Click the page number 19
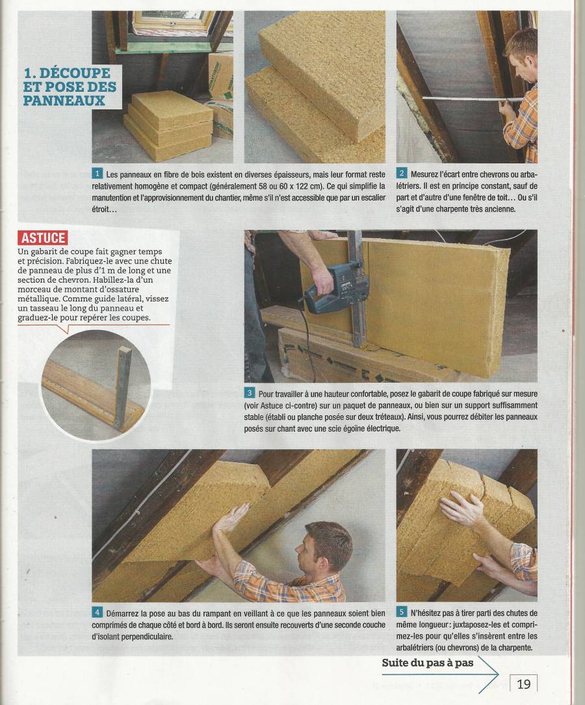coord(523,684)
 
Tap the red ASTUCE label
coord(43,238)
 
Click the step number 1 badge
coord(97,174)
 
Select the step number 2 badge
coord(401,174)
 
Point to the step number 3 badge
coord(249,393)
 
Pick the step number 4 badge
coord(97,613)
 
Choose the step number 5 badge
coord(401,612)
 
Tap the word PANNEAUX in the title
coord(64,100)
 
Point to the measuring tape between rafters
coord(471,98)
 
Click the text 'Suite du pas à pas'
coord(428,663)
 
